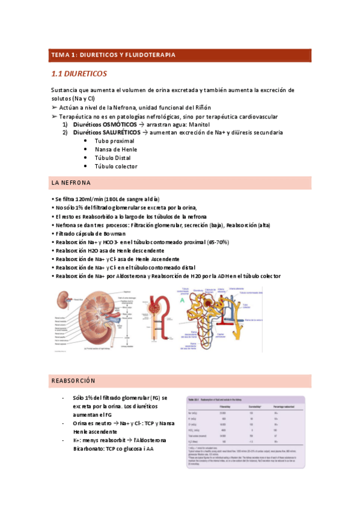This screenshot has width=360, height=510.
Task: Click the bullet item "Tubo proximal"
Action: [114, 141]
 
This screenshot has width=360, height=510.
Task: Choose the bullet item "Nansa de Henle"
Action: [115, 149]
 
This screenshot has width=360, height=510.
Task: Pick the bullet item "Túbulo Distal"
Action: [112, 158]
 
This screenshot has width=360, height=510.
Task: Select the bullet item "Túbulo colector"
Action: [115, 166]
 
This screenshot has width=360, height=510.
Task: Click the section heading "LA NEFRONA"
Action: [72, 182]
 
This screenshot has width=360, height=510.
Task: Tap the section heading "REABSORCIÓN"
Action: [73, 381]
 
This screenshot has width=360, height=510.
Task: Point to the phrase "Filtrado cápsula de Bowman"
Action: [91, 233]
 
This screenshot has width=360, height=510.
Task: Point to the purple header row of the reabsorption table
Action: [246, 407]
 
